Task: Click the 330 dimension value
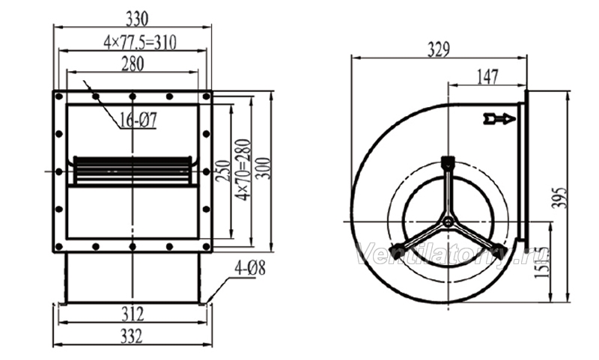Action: pyautogui.click(x=136, y=19)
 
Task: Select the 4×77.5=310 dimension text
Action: pyautogui.click(x=140, y=43)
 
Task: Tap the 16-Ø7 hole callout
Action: pyautogui.click(x=138, y=120)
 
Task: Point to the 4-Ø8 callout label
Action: pyautogui.click(x=250, y=269)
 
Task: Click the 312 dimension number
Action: pyautogui.click(x=133, y=314)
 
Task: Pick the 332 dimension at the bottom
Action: pyautogui.click(x=132, y=336)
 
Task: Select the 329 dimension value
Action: pyautogui.click(x=438, y=49)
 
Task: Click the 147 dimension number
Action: pyautogui.click(x=487, y=77)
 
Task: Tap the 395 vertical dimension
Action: pyautogui.click(x=559, y=198)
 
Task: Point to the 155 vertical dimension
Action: pyautogui.click(x=542, y=262)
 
